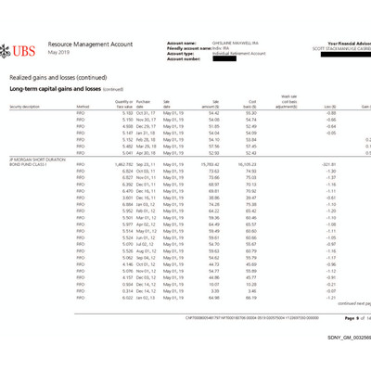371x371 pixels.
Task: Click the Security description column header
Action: [x=25, y=107]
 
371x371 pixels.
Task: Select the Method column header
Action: [x=82, y=107]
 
